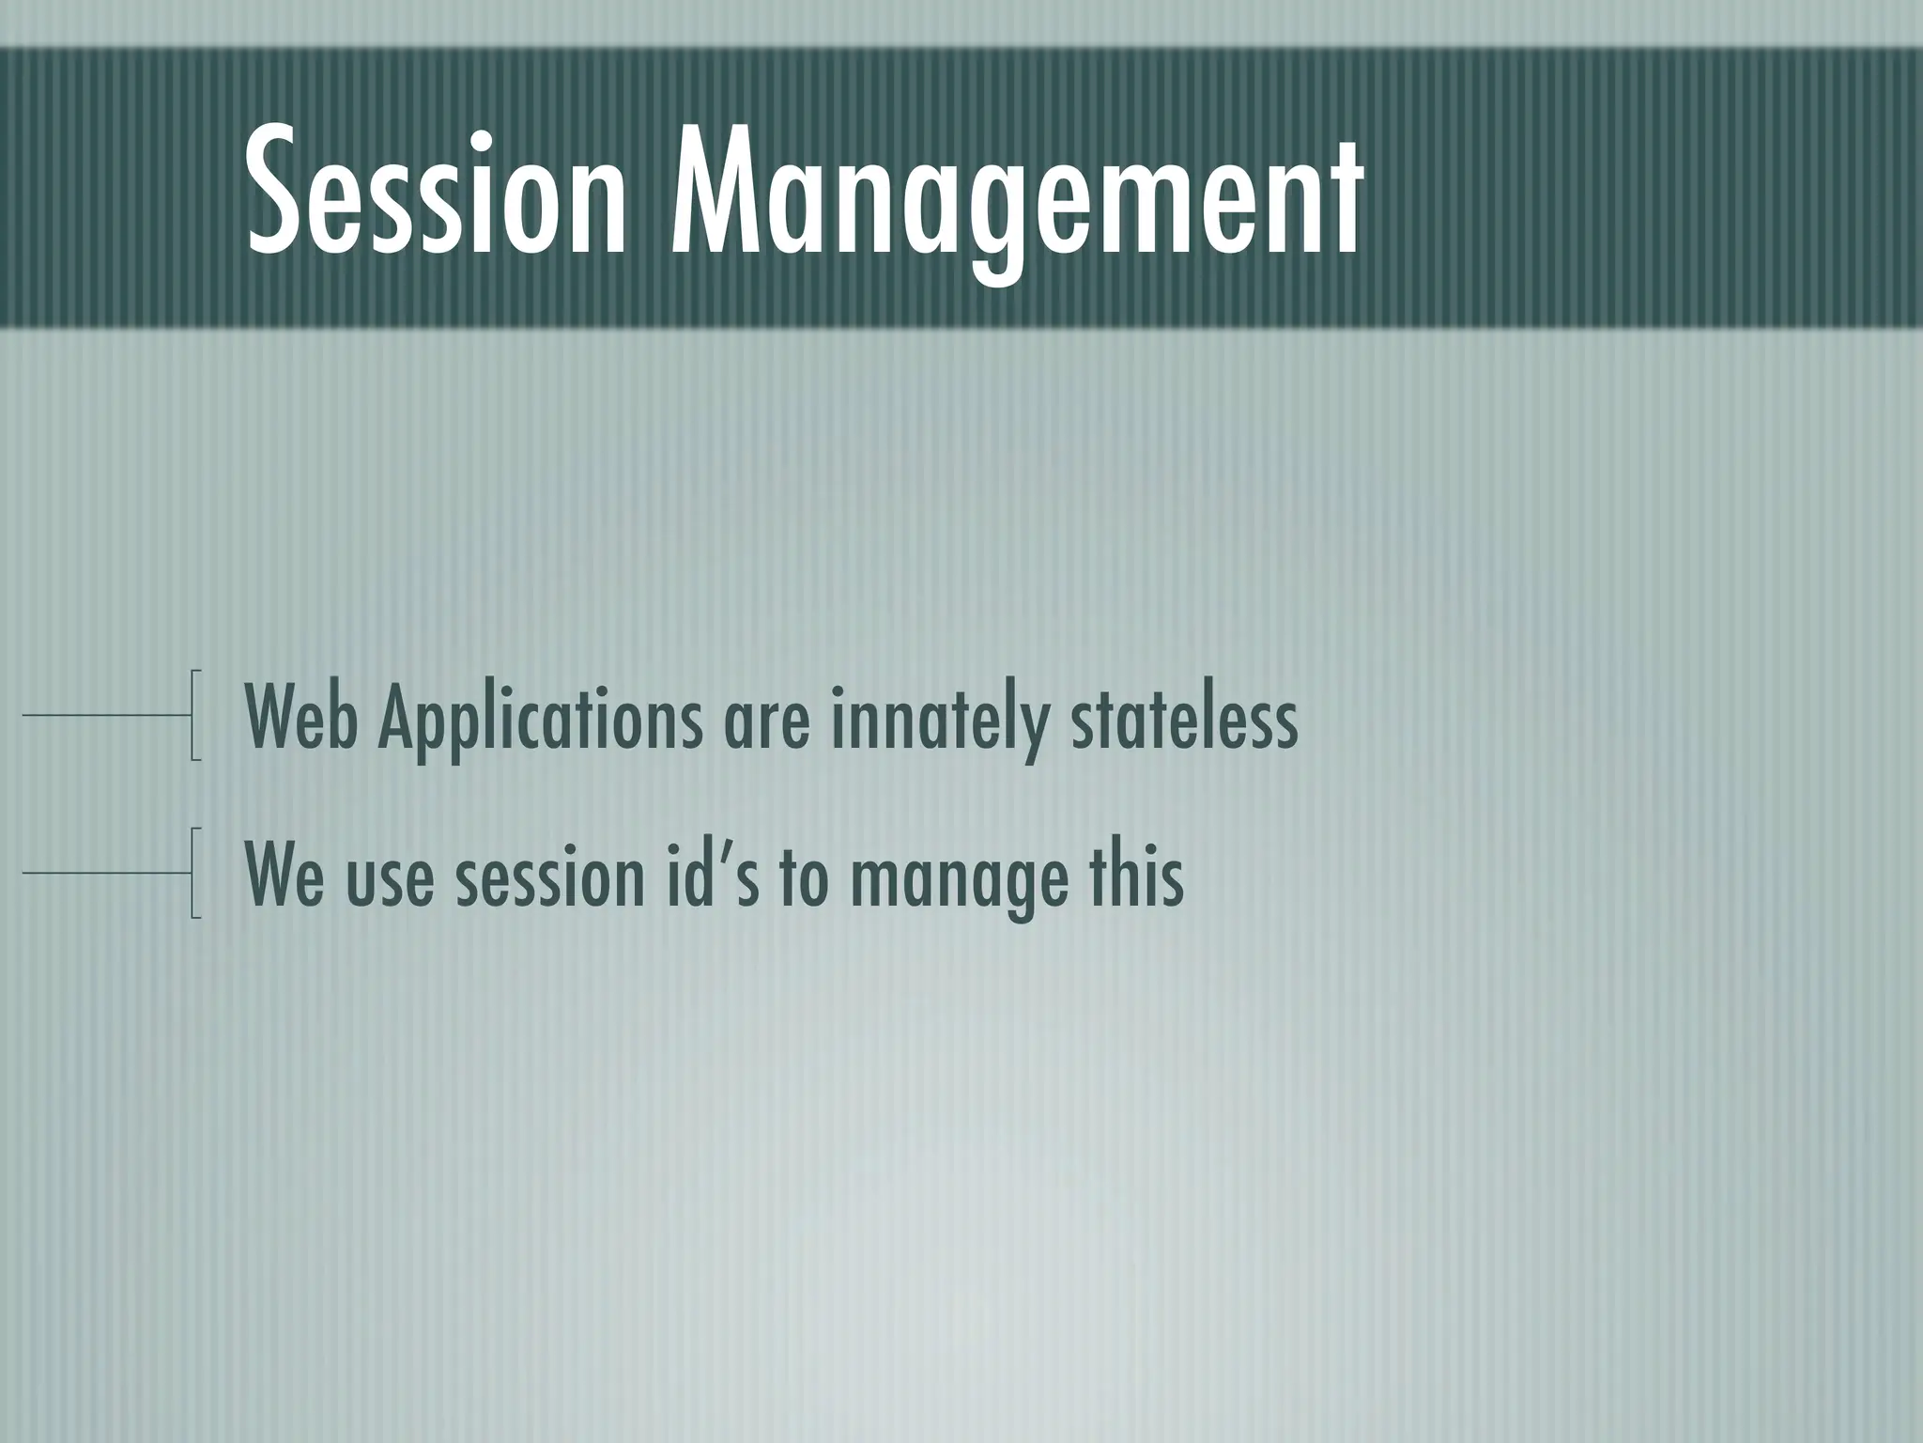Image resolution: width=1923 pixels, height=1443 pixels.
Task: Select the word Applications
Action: pyautogui.click(x=539, y=723)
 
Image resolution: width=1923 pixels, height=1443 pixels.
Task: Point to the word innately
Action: pyautogui.click(x=938, y=723)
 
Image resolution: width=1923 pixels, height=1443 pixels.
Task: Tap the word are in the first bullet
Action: pyautogui.click(x=765, y=728)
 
